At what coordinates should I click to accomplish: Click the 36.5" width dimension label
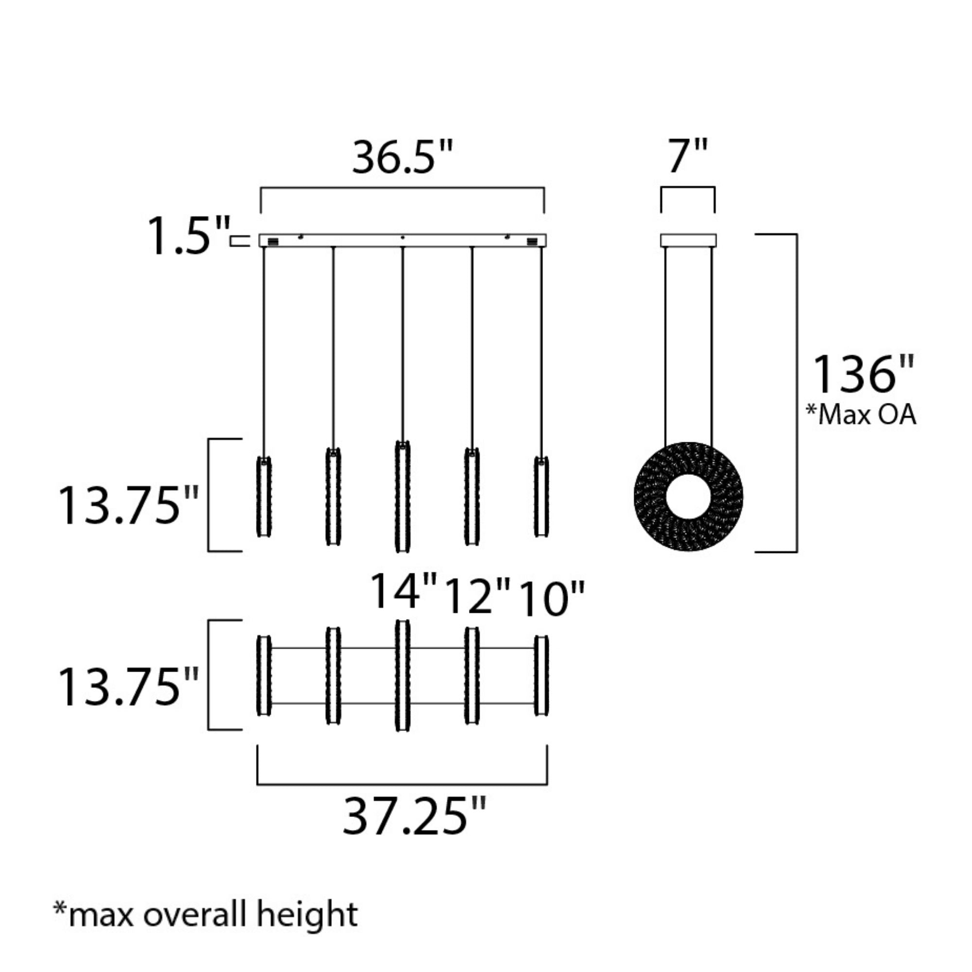point(402,157)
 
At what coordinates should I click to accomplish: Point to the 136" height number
point(863,375)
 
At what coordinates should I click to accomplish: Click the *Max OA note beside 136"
point(861,415)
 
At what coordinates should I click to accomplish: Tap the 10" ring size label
point(551,599)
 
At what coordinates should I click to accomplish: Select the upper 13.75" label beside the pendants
point(128,505)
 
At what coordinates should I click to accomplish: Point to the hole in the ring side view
point(688,496)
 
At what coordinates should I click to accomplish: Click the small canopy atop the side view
point(688,241)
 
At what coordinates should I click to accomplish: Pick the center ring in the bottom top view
point(402,676)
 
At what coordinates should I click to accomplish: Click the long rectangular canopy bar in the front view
point(402,240)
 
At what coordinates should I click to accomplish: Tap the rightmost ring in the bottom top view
point(541,676)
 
